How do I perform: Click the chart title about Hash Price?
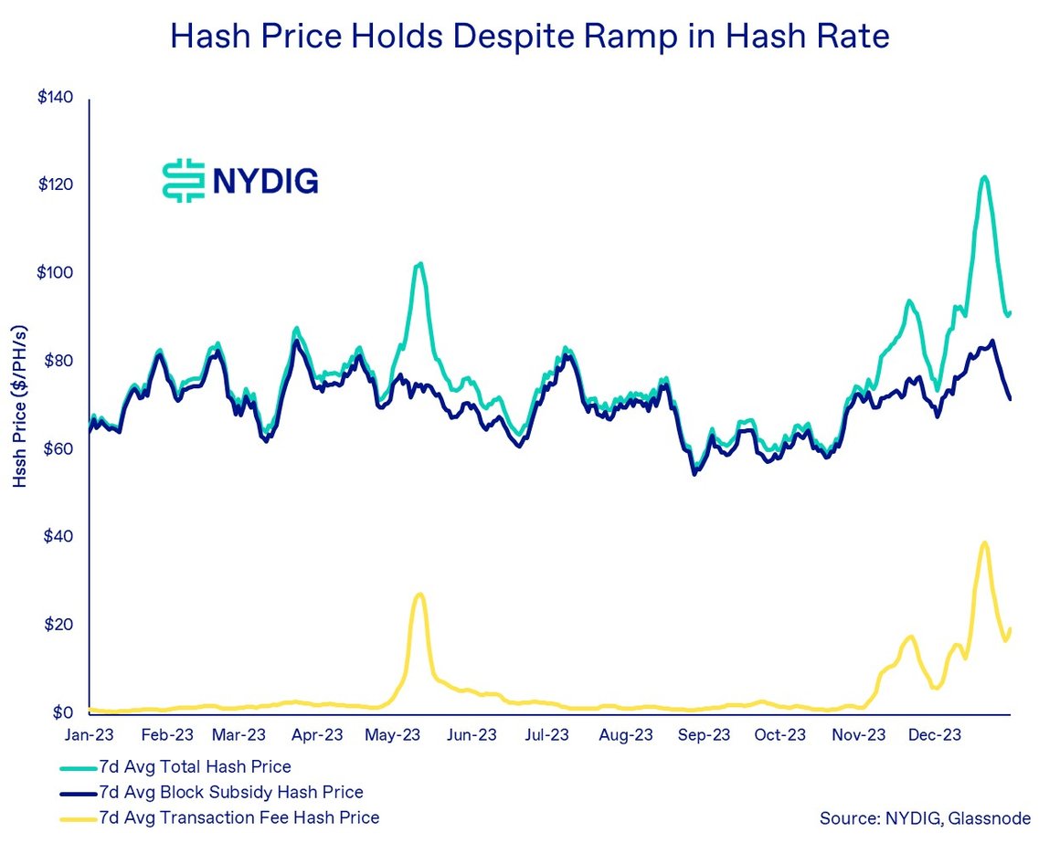point(530,37)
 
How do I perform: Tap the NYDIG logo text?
point(265,181)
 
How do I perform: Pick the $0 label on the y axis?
point(60,712)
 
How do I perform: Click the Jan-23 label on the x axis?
point(90,734)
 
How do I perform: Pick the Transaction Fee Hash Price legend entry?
point(240,817)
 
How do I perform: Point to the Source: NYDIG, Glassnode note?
point(925,818)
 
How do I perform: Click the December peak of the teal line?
point(983,176)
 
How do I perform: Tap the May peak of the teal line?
point(419,263)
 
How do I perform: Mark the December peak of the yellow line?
point(984,543)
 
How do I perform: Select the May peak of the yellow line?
point(419,595)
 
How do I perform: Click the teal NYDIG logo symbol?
point(181,181)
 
